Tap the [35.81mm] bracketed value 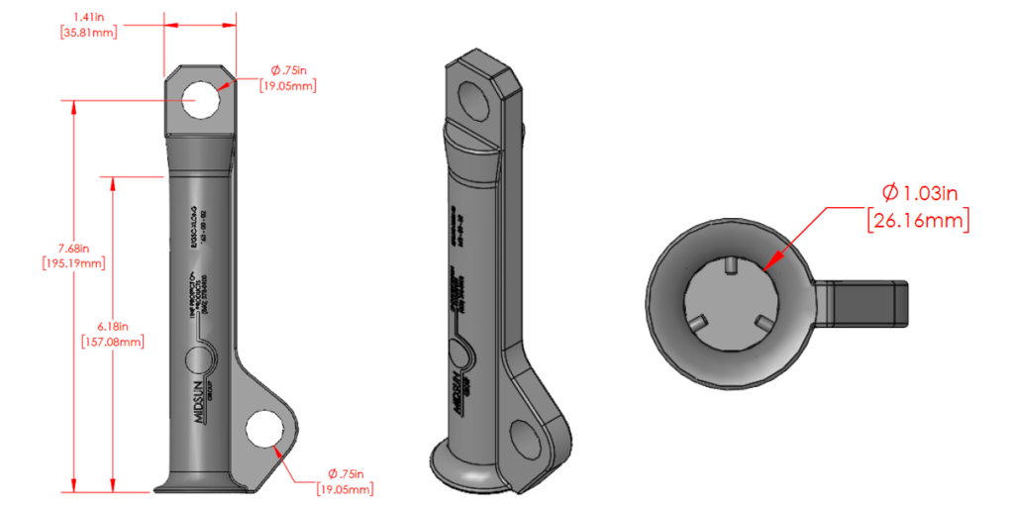pos(89,33)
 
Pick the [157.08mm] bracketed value pos(113,342)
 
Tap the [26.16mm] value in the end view pos(918,220)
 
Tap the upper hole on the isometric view pos(473,98)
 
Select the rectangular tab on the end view pos(865,303)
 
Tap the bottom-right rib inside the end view pos(761,322)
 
